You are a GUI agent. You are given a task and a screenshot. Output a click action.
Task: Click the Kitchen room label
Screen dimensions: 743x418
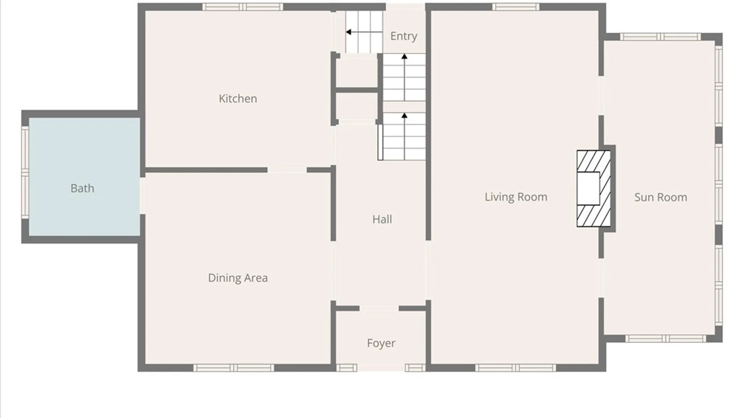coord(238,99)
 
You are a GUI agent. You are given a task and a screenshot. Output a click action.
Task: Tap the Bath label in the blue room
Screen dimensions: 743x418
coord(82,188)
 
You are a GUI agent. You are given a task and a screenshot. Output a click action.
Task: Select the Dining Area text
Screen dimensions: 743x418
coord(238,278)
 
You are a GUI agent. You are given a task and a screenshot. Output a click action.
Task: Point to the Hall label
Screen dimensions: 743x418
coord(382,219)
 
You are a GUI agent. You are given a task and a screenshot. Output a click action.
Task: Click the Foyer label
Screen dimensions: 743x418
coord(381,343)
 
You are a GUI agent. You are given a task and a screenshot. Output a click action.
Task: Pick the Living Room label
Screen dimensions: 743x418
coord(516,197)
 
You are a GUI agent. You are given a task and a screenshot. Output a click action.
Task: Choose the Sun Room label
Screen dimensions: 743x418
coord(661,197)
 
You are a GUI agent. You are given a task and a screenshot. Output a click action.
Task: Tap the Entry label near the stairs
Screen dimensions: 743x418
coord(404,36)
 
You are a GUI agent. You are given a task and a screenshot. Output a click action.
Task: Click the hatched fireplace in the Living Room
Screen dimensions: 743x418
coord(594,188)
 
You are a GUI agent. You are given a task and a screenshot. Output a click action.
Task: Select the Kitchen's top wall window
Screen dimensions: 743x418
coord(243,7)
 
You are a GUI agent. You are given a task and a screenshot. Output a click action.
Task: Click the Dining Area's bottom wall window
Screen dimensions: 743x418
coord(234,368)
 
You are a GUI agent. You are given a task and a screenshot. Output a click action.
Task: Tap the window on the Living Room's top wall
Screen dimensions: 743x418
coord(515,7)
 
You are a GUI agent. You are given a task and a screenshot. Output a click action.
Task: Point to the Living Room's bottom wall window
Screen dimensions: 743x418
coord(515,368)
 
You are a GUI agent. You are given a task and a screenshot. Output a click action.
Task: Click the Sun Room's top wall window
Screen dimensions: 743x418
coord(660,37)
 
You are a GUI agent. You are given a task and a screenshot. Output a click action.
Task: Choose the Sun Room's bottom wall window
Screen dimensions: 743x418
coord(666,339)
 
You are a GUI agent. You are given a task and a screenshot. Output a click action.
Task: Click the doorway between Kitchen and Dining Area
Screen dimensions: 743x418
coord(287,170)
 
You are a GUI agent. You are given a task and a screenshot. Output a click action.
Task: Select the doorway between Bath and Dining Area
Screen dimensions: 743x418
coord(142,196)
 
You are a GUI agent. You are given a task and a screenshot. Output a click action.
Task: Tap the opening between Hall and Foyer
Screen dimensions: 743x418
coord(379,308)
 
